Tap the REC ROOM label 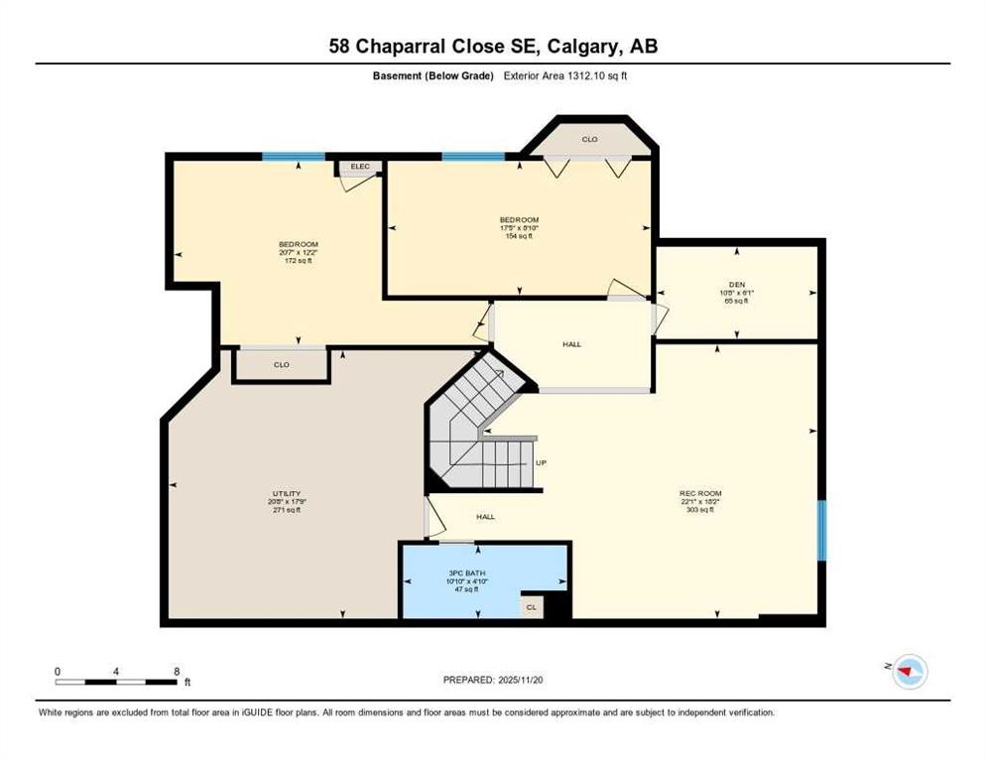699,493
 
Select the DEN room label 736,283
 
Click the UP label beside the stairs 541,462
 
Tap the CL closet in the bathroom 532,606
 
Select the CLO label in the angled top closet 589,139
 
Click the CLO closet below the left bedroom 282,365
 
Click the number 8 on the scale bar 176,671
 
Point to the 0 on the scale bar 58,671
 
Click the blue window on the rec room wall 820,530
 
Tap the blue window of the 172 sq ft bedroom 293,156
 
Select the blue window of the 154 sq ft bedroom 472,156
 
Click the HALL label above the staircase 571,344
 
